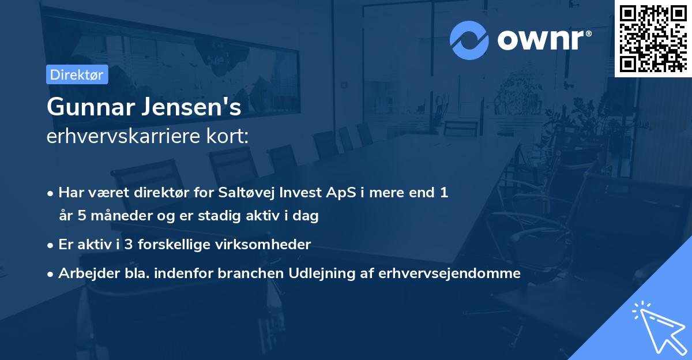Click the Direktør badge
click(77, 74)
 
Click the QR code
click(653, 38)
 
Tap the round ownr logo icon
click(469, 40)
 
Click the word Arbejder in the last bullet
click(83, 273)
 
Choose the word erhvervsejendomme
click(449, 273)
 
